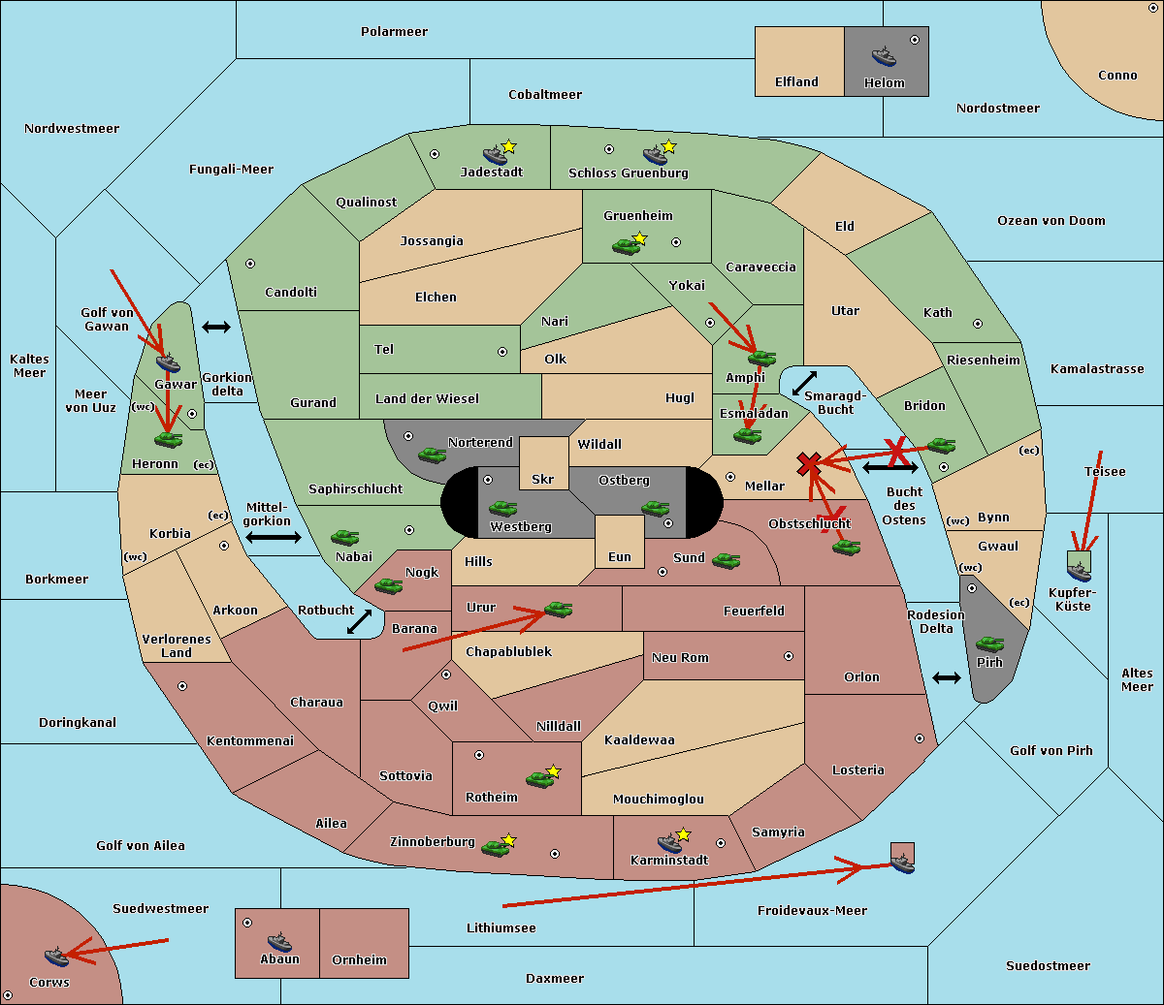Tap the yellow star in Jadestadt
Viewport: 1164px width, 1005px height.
point(509,146)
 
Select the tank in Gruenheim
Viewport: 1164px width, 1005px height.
point(626,246)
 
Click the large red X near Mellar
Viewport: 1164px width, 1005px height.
point(809,464)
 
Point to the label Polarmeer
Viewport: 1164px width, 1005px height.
point(394,32)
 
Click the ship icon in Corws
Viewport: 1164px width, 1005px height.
point(55,957)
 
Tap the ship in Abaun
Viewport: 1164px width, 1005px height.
point(279,941)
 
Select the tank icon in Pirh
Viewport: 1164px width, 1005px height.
point(989,644)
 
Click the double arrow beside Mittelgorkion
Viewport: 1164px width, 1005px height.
point(273,537)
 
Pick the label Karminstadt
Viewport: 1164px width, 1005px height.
point(669,861)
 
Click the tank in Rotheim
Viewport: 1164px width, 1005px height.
point(539,778)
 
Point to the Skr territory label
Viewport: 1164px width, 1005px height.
point(543,480)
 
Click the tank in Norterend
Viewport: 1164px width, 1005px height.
point(432,455)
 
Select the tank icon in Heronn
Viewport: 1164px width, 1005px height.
point(169,440)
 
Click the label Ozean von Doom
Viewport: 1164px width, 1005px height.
point(1051,221)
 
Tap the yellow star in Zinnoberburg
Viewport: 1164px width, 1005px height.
point(509,839)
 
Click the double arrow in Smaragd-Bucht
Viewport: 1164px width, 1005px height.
point(804,384)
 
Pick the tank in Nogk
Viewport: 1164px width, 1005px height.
point(388,586)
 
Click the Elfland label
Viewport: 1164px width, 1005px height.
point(796,82)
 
